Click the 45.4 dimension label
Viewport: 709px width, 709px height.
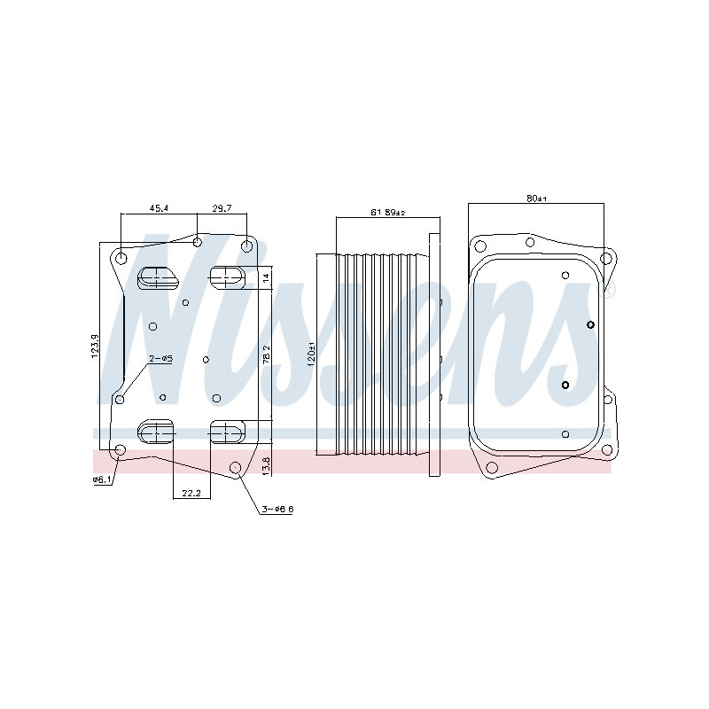click(x=159, y=208)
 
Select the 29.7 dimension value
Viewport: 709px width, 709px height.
click(x=222, y=208)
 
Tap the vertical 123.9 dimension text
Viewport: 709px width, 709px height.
click(x=95, y=346)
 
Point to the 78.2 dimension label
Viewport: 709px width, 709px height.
click(x=267, y=354)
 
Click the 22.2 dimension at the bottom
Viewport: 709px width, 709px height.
click(x=191, y=494)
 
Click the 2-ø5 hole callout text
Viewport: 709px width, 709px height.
click(x=160, y=358)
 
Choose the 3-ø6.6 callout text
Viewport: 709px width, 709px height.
click(x=277, y=510)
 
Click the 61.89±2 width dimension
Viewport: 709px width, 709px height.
click(x=387, y=213)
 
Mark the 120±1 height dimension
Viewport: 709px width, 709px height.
click(x=311, y=354)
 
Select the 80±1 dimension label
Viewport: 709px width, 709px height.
click(x=537, y=199)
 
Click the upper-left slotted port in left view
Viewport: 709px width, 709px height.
click(x=158, y=277)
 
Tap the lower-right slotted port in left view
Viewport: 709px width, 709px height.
click(x=226, y=432)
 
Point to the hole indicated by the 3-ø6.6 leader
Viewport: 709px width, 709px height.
click(x=235, y=467)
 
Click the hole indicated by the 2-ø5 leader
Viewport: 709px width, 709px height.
click(x=121, y=400)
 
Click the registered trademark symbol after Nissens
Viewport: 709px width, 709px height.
click(x=610, y=290)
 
